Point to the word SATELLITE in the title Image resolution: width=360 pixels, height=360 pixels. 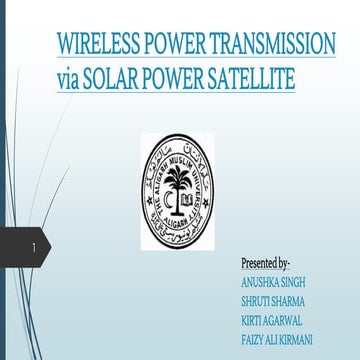point(249,79)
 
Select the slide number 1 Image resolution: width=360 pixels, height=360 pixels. point(34,246)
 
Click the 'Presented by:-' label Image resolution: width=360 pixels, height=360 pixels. point(265,263)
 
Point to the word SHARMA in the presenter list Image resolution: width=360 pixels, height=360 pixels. point(291,301)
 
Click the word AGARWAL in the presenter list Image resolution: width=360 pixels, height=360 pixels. point(290,320)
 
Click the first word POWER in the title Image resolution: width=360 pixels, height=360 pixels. point(169,45)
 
